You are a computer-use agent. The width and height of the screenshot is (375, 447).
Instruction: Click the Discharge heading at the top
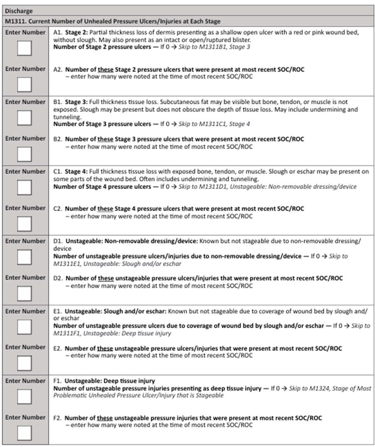(19, 11)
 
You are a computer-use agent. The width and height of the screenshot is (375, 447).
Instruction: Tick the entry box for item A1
(25, 50)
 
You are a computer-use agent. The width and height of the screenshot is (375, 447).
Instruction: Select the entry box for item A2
(25, 84)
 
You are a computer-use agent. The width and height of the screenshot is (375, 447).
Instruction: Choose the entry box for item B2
(25, 154)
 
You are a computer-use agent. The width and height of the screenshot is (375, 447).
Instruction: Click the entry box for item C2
(25, 223)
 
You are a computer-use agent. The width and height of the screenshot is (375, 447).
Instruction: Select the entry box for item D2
(25, 293)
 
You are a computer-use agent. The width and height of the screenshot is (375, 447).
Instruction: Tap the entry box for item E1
(25, 328)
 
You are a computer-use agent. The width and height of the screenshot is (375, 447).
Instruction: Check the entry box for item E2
(25, 363)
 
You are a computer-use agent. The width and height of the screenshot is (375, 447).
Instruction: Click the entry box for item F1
(25, 397)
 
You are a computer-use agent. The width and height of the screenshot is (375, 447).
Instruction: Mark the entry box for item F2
(25, 433)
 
